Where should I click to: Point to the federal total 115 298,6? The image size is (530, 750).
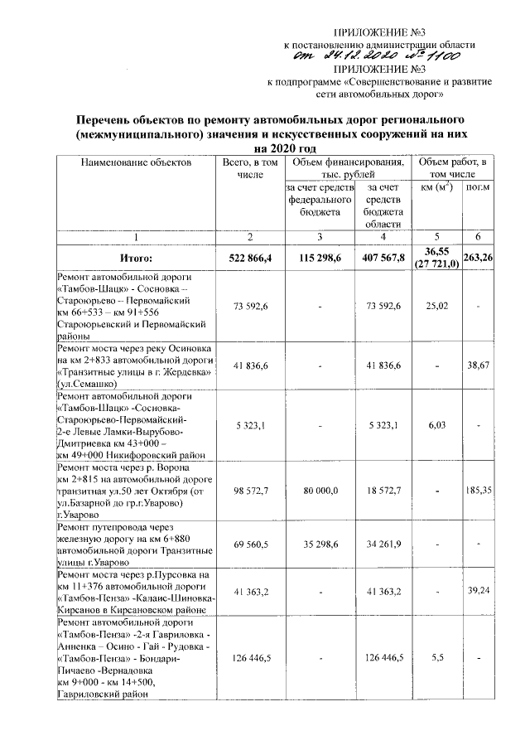coord(318,259)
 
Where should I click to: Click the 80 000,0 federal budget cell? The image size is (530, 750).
coord(318,491)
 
